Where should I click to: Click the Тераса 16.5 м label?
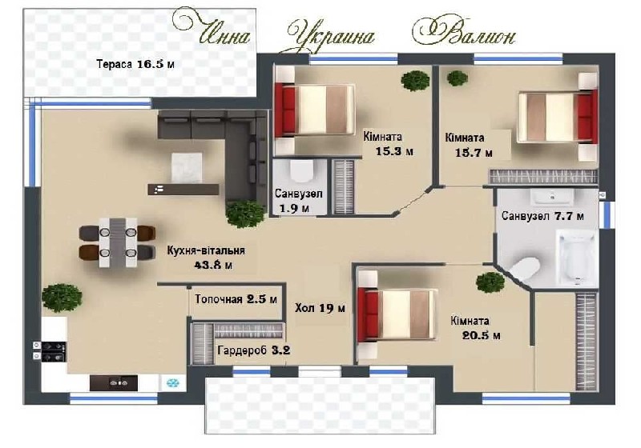pos(135,64)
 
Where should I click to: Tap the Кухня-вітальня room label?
pos(206,250)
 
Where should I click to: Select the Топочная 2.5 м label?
pos(236,299)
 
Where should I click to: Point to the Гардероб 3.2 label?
pos(254,350)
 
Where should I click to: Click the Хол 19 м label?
pos(320,308)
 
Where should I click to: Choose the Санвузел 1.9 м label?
pos(298,200)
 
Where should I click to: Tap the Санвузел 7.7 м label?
pos(542,216)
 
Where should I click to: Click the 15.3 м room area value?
pos(394,152)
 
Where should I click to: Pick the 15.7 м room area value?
pos(474,153)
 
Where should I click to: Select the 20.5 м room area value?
pos(482,336)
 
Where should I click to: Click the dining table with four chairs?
pos(118,242)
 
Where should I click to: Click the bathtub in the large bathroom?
pos(576,258)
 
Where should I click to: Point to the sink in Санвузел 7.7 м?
pos(552,196)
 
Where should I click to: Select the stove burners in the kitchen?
pos(50,351)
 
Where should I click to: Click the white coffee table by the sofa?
pos(187,168)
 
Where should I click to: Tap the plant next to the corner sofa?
pos(245,213)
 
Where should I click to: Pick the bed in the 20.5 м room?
pos(397,314)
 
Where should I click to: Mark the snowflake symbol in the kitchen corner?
pos(172,382)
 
